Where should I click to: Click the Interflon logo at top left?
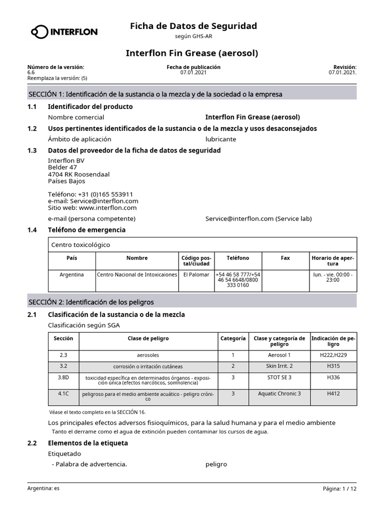coord(64,32)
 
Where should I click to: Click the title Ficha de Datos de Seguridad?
coord(193,25)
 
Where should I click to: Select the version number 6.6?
coord(31,72)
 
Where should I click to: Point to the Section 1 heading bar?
coord(192,93)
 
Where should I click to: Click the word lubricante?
coord(220,139)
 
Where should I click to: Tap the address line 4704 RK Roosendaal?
coord(78,174)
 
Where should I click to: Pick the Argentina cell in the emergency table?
coord(71,274)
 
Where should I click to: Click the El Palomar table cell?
coord(196,274)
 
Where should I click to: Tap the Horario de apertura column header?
coord(332,260)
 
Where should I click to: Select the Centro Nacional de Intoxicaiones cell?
coord(136,274)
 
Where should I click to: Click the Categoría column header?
coord(233,338)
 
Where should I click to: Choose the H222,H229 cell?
coord(333,355)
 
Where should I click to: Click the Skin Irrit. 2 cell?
coord(279,366)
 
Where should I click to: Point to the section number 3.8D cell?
coord(63,377)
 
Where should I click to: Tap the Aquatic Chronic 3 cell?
coord(279,393)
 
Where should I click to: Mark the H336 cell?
coord(333,377)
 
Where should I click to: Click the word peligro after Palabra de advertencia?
coord(216,464)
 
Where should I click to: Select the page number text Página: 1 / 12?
coord(339,488)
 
